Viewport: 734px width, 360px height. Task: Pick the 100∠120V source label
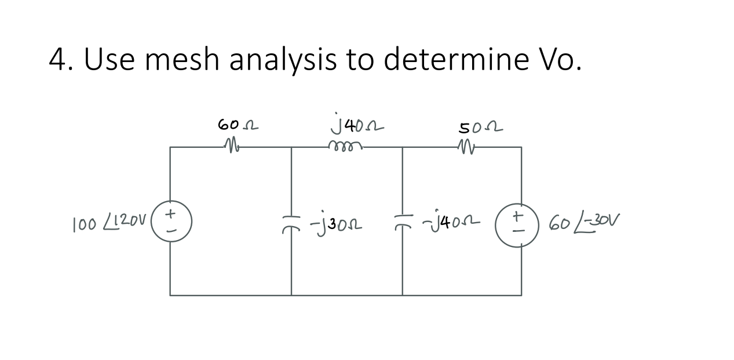pos(110,222)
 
